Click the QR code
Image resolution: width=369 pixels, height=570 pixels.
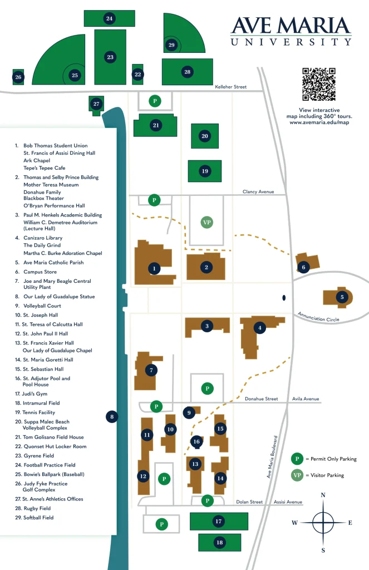[x=319, y=84]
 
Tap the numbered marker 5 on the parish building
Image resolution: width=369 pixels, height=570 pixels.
[x=342, y=297]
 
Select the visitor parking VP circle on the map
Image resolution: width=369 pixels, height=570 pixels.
[x=207, y=223]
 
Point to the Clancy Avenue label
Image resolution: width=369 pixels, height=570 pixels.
[x=258, y=191]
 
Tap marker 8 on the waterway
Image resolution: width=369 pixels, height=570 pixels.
[x=112, y=416]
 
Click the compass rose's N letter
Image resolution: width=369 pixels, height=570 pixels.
[x=323, y=495]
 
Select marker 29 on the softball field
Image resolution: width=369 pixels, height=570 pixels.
[x=171, y=45]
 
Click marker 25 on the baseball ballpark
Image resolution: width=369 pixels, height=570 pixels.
[x=75, y=75]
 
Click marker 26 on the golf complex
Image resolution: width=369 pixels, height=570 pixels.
[x=18, y=77]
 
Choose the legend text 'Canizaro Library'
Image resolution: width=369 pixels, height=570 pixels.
[x=43, y=238]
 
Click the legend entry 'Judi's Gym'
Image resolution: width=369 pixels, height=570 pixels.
[x=33, y=394]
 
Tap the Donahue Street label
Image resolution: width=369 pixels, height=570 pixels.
[x=261, y=399]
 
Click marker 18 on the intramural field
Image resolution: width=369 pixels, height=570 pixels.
[x=219, y=542]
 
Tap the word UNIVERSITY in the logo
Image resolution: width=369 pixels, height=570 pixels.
[x=291, y=42]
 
